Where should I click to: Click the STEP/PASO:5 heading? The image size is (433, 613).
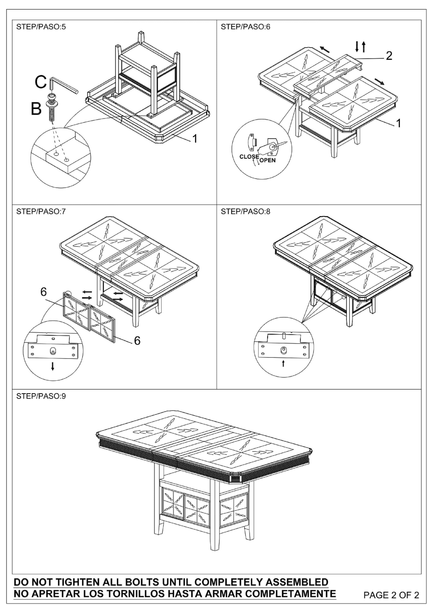(x=41, y=27)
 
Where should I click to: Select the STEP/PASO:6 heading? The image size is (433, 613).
(x=246, y=27)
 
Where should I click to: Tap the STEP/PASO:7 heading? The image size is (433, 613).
(x=41, y=211)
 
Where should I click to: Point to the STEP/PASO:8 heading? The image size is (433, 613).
(x=246, y=211)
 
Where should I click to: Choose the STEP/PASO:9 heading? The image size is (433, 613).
(x=41, y=396)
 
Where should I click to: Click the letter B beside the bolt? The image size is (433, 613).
(x=36, y=109)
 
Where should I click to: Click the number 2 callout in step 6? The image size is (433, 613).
(x=389, y=56)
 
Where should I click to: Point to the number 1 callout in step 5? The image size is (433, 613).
(x=195, y=139)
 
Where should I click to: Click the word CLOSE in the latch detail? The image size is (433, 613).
(x=249, y=157)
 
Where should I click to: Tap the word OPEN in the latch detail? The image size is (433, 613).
(x=267, y=160)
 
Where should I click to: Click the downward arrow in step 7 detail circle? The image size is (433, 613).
(x=53, y=366)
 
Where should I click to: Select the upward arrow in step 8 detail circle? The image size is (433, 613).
(x=283, y=363)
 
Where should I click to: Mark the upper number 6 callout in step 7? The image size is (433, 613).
(x=44, y=292)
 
